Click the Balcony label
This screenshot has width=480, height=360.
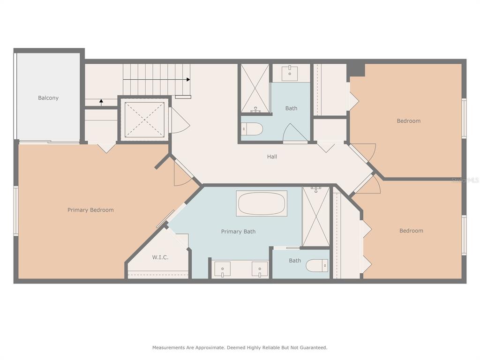pyautogui.click(x=48, y=98)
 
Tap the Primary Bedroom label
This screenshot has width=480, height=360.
pyautogui.click(x=90, y=210)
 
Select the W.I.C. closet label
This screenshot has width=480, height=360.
pyautogui.click(x=160, y=257)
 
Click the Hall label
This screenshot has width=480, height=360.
pyautogui.click(x=272, y=157)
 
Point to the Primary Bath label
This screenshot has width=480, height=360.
pyautogui.click(x=238, y=232)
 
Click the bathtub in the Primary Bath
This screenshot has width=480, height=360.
pyautogui.click(x=262, y=203)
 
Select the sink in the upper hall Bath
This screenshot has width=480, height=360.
pyautogui.click(x=290, y=73)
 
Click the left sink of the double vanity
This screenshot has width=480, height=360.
pyautogui.click(x=223, y=269)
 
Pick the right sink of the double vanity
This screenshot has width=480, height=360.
pyautogui.click(x=260, y=269)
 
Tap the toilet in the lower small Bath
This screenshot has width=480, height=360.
pyautogui.click(x=317, y=265)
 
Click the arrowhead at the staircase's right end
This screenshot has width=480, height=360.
pyautogui.click(x=188, y=80)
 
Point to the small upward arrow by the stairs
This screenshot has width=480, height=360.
pyautogui.click(x=101, y=102)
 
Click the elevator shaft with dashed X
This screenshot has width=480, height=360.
pyautogui.click(x=144, y=120)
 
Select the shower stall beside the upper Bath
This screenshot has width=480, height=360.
pyautogui.click(x=255, y=89)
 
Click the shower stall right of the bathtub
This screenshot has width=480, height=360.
pyautogui.click(x=316, y=217)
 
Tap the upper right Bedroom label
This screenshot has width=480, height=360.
pyautogui.click(x=408, y=121)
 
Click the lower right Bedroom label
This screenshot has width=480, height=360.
pyautogui.click(x=411, y=231)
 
